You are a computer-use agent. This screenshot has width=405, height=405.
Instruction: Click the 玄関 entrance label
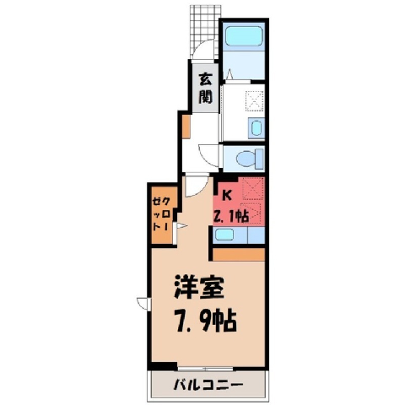[206, 89]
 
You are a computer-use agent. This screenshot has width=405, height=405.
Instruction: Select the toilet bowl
[249, 159]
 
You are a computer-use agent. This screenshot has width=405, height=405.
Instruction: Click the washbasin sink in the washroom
[256, 128]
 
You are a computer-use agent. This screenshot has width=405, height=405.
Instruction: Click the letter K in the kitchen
[227, 195]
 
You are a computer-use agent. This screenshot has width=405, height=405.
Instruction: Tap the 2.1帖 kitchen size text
[231, 216]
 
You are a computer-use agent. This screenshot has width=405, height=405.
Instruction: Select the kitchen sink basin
[224, 235]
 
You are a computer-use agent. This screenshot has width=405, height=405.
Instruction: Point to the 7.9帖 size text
[206, 321]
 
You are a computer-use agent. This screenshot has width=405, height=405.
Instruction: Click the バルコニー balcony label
[208, 385]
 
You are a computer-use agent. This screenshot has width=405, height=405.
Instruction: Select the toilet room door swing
[208, 155]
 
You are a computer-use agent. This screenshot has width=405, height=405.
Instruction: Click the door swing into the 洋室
[197, 186]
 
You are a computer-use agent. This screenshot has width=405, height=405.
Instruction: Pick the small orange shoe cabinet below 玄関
[186, 127]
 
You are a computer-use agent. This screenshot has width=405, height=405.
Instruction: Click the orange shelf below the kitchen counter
[239, 254]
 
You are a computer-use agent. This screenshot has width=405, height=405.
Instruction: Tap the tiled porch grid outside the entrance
[205, 31]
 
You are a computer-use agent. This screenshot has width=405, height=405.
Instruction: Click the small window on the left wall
[145, 304]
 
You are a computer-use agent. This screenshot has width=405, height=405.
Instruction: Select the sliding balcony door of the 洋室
[206, 369]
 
